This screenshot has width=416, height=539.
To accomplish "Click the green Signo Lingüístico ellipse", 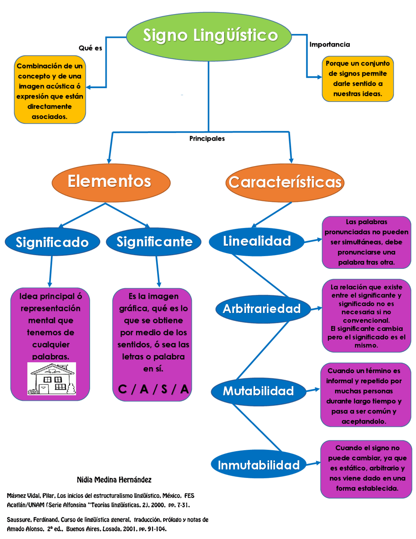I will click(x=209, y=36).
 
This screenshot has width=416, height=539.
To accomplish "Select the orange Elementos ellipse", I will click(x=111, y=182).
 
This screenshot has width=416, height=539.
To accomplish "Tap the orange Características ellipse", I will click(x=285, y=182).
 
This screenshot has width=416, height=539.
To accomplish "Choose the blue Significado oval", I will click(x=52, y=242).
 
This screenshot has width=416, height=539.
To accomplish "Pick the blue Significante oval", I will click(x=154, y=242).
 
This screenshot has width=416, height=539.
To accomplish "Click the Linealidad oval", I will click(x=257, y=242).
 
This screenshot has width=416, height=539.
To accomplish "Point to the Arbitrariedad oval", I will click(x=262, y=309).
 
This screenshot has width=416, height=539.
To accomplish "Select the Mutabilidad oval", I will click(x=258, y=391).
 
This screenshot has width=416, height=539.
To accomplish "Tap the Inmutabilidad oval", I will click(x=259, y=465).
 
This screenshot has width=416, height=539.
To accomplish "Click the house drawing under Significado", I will click(x=52, y=379).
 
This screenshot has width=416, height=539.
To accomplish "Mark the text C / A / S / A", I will click(x=153, y=389).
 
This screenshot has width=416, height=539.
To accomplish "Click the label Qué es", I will click(x=90, y=48).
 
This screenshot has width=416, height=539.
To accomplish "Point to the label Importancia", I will click(x=330, y=45).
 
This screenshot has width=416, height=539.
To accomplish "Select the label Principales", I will click(x=207, y=139).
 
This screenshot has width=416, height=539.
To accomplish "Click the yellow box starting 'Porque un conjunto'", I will click(x=357, y=79).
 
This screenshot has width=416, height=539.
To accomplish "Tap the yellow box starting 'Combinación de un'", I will click(x=50, y=90).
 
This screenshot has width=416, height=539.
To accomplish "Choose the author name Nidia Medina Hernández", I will click(x=114, y=480).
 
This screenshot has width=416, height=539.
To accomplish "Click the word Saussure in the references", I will click(x=19, y=520).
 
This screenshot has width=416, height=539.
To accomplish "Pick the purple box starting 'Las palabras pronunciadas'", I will click(x=366, y=242).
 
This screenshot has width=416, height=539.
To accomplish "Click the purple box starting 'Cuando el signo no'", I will click(x=366, y=469).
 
